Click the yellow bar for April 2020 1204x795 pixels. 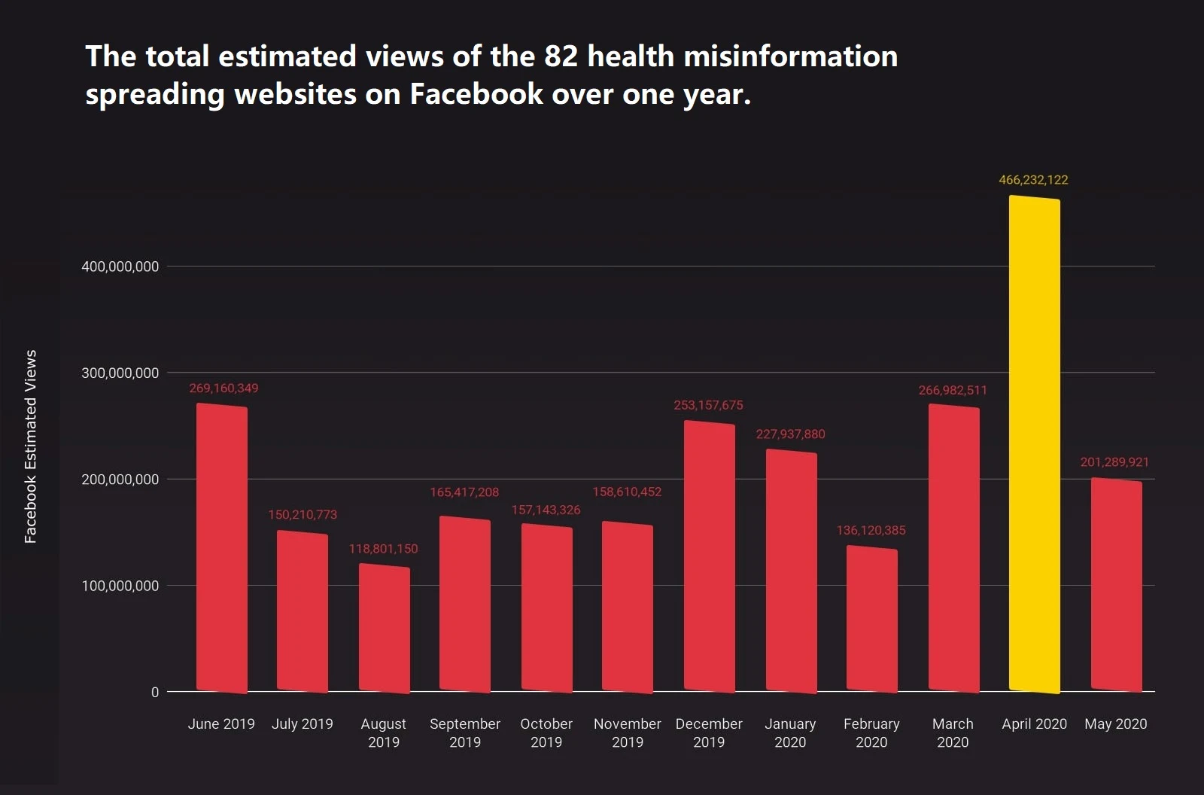coord(1034,444)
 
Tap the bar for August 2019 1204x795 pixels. coord(384,628)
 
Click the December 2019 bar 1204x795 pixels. coord(709,556)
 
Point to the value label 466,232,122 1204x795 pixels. coord(1033,180)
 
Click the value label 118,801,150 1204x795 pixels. coord(383,549)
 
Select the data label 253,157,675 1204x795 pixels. coord(708,405)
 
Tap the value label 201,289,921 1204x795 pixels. coord(1114,462)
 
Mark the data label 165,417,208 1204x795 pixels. coord(464,492)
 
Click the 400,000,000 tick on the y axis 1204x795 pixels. coord(120,267)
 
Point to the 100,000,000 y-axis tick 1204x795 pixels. coord(120,586)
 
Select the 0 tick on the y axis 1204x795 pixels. coord(155,692)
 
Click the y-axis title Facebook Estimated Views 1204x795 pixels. coord(31,446)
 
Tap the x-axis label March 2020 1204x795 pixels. coord(953,733)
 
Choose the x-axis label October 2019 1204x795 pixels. coord(546,733)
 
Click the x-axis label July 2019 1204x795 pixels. coord(303,724)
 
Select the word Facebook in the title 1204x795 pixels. coord(476,95)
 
